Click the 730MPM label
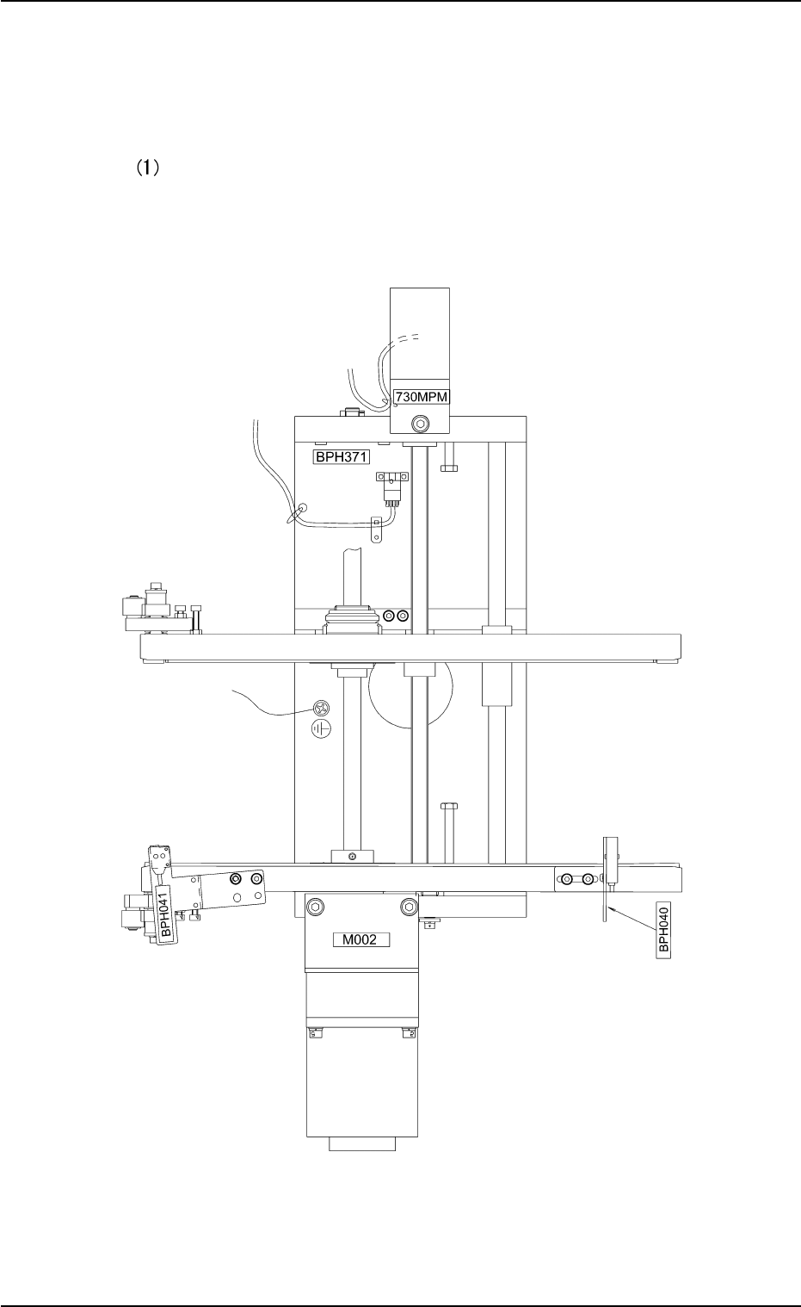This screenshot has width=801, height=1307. [x=422, y=397]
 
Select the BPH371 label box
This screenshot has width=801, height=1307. [x=341, y=456]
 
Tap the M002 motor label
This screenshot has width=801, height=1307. [x=361, y=939]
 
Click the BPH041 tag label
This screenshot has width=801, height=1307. [x=165, y=914]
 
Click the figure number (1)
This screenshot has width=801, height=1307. [x=147, y=168]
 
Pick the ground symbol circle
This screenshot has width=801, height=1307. [x=321, y=728]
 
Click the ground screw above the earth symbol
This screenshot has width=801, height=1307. [x=321, y=709]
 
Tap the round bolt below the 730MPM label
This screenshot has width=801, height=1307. [x=420, y=424]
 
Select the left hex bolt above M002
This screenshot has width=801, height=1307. [x=315, y=907]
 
